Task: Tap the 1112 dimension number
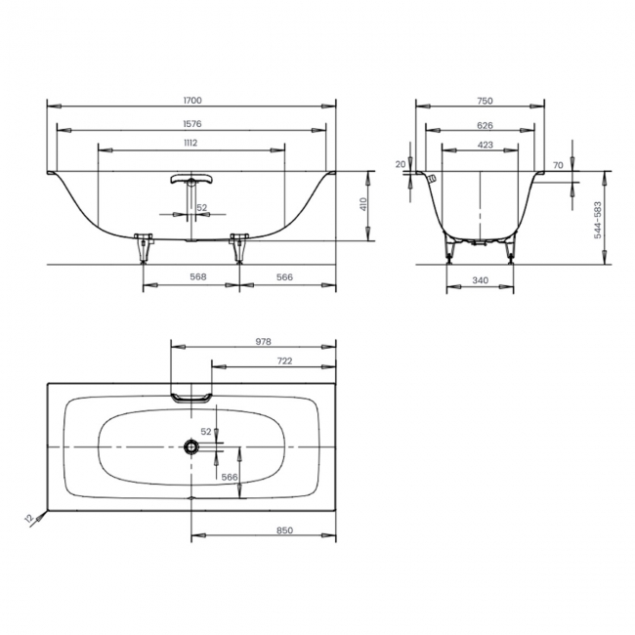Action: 191,144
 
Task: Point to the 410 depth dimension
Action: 362,205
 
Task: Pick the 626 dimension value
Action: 479,126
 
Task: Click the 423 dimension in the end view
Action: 479,144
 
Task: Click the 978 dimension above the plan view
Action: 261,342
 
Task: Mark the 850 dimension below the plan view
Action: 284,529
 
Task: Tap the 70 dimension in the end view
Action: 557,166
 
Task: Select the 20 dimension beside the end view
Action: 401,164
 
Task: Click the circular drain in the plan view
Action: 190,447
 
